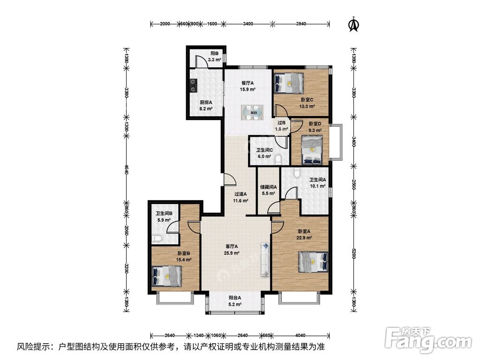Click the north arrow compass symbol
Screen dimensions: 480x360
tap(354, 24)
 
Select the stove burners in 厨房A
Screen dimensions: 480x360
tap(193, 85)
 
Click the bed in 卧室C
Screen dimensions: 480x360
tap(289, 83)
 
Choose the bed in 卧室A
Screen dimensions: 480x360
tap(313, 262)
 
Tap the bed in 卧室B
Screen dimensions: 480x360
tap(167, 276)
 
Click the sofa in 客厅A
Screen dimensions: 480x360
tap(265, 260)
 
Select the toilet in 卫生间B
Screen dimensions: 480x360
tap(157, 238)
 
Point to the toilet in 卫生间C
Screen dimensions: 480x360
tap(279, 160)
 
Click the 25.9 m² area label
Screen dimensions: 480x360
tap(231, 253)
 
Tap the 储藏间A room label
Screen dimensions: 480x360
tap(268, 187)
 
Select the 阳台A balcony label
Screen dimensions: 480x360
tap(235, 298)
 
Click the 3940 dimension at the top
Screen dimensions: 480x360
tap(301, 24)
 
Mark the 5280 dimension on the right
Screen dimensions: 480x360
tap(354, 253)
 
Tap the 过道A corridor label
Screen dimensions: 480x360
tap(240, 194)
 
